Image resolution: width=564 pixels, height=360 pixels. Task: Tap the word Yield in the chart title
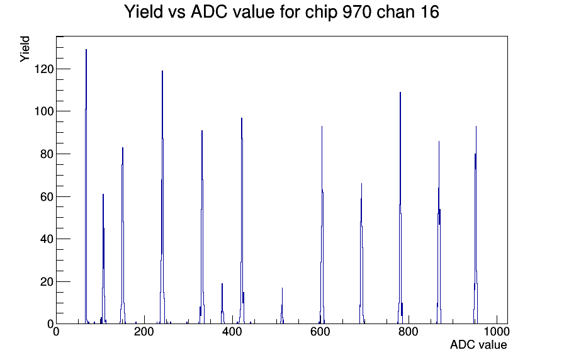[144, 11]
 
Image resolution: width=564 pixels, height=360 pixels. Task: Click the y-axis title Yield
[25, 49]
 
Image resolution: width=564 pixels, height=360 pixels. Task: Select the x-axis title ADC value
[478, 344]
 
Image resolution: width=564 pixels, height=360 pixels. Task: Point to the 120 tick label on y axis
[44, 69]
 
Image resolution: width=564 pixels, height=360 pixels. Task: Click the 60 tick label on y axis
[47, 196]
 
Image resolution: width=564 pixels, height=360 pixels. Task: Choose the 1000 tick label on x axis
[496, 331]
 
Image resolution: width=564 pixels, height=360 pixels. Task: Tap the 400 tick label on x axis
[232, 331]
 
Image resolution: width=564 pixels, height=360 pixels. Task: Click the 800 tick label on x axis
[409, 331]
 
